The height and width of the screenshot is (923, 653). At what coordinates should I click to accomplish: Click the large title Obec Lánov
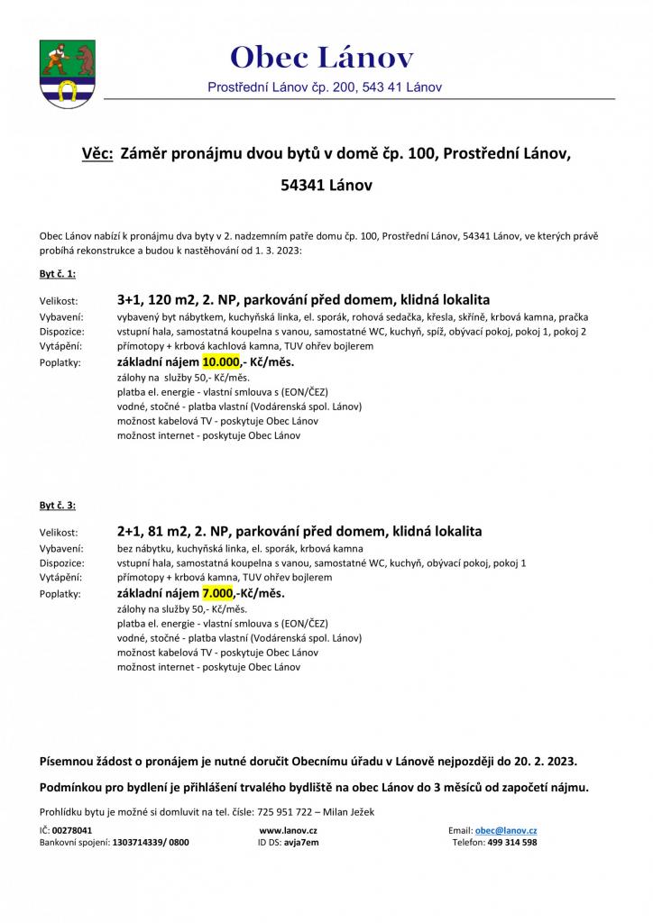pyautogui.click(x=322, y=59)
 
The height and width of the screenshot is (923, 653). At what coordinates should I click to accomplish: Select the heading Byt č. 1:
pyautogui.click(x=57, y=273)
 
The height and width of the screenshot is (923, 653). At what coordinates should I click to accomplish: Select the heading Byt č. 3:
pyautogui.click(x=57, y=505)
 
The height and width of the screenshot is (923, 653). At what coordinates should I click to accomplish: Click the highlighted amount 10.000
pyautogui.click(x=222, y=362)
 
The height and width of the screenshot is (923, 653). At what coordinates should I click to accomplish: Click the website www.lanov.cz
pyautogui.click(x=287, y=829)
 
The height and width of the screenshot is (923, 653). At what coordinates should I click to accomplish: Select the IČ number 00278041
pyautogui.click(x=72, y=829)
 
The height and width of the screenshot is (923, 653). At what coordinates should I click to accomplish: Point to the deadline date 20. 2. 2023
pyautogui.click(x=543, y=761)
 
